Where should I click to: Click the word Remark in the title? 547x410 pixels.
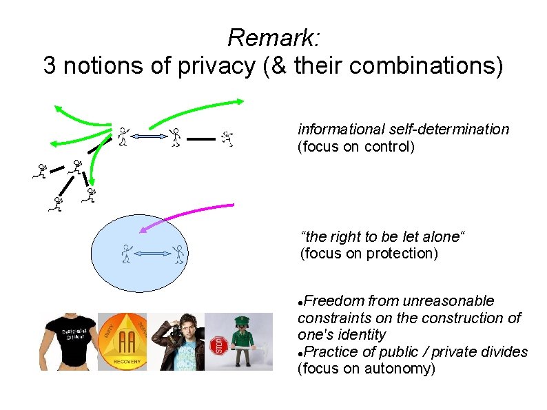click(272, 37)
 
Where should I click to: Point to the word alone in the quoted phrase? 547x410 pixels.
click(440, 237)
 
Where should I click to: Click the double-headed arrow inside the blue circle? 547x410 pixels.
click(152, 254)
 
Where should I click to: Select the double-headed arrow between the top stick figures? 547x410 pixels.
click(149, 138)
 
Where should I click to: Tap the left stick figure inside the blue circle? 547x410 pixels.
click(126, 254)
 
